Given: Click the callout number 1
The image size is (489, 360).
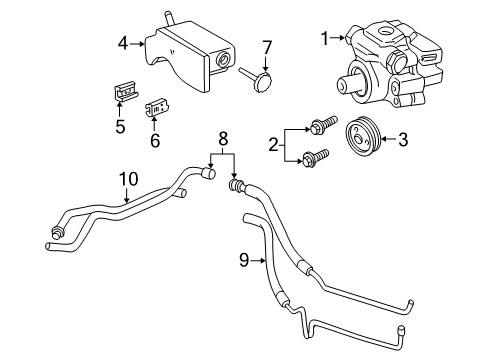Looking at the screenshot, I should point(323,38).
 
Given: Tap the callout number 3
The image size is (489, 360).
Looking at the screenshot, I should point(402,141).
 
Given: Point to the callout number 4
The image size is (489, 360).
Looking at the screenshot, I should point(121,43).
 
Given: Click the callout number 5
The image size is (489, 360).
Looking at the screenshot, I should point(119,127).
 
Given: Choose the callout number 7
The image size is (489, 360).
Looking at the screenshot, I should point(267,47).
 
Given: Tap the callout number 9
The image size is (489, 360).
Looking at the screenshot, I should point(244,262).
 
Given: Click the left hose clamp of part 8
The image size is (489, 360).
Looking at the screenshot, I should point(209,176).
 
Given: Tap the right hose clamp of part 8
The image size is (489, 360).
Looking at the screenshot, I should point(236,184).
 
